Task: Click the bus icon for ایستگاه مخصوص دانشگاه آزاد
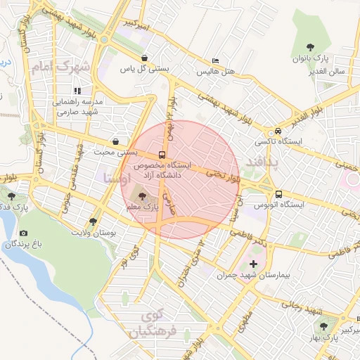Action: pyautogui.click(x=162, y=154)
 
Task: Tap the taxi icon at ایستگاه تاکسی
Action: pyautogui.click(x=279, y=131)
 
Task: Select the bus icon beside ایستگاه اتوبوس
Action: pyautogui.click(x=279, y=194)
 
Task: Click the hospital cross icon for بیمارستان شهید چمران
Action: pyautogui.click(x=254, y=265)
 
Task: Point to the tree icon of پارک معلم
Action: pyautogui.click(x=143, y=196)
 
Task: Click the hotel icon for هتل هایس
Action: pyautogui.click(x=214, y=62)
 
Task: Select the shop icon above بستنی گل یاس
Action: pyautogui.click(x=144, y=58)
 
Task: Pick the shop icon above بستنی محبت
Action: pyautogui.click(x=115, y=141)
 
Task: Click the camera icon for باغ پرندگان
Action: pyautogui.click(x=24, y=233)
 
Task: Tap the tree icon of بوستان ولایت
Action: pyautogui.click(x=94, y=221)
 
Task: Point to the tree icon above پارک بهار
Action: pyautogui.click(x=323, y=327)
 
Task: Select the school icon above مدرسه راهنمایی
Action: pyautogui.click(x=77, y=91)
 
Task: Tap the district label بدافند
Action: pyautogui.click(x=262, y=163)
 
